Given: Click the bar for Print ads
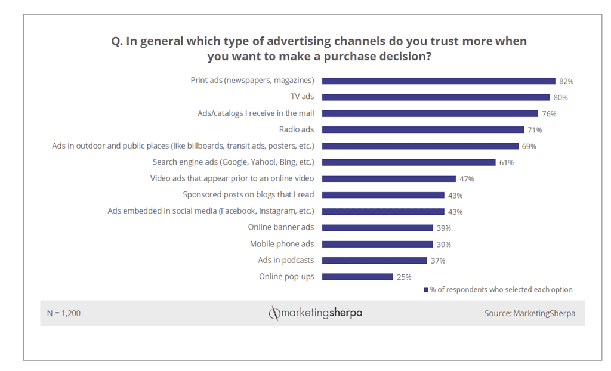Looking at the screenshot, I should coord(439,81).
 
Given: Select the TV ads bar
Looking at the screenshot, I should coord(436,97).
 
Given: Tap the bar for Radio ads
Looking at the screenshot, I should coord(423,129).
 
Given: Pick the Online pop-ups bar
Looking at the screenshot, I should coord(357,276).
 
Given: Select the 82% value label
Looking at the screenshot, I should coord(566,81).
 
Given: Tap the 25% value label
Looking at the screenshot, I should coord(403,277).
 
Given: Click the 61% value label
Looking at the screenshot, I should coord(506,162).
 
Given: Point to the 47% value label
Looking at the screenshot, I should coord(466,179).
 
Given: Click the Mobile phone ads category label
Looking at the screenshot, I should coord(282,244).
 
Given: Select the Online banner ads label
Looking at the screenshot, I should coord(281,227).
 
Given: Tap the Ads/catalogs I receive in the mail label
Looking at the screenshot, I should coord(256,113).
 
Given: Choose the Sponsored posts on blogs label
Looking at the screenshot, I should coord(248,194).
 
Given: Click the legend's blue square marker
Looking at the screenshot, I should coord(426,290).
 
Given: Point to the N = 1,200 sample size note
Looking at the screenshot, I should coord(64,313).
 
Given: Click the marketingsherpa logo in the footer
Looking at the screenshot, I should coord(315,313).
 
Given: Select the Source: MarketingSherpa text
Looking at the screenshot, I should coord(529,313).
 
